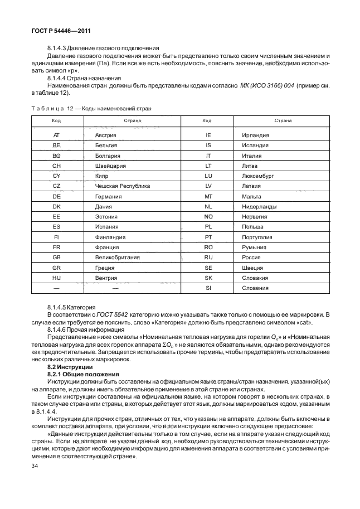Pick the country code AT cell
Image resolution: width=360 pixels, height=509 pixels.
point(56,135)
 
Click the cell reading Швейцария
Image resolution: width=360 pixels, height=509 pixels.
point(110,166)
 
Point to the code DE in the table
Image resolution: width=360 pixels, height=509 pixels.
point(56,196)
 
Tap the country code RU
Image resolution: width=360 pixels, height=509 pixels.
point(208,258)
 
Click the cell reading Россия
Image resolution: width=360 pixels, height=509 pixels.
point(254,258)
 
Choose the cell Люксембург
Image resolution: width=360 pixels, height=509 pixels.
point(258,176)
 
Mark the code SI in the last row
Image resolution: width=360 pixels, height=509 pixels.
point(208,288)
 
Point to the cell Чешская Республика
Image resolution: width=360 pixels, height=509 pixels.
point(123,186)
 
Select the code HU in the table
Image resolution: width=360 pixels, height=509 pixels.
point(56,278)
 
